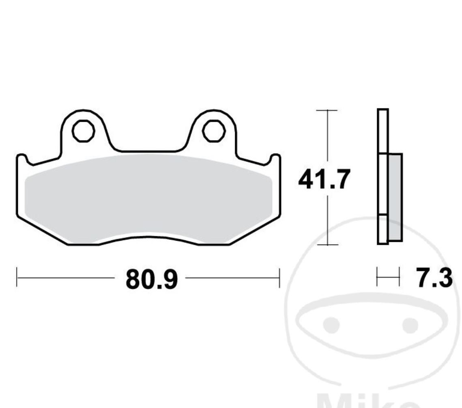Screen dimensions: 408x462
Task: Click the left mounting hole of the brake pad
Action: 83,131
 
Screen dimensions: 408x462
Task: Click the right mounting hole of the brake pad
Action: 214,131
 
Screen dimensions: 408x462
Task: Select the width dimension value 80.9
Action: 151,279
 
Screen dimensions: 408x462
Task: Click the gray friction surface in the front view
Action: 148,199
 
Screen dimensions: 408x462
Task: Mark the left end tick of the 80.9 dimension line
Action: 17,278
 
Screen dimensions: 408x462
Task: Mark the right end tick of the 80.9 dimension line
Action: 279,278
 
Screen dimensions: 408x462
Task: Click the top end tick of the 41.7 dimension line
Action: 327,110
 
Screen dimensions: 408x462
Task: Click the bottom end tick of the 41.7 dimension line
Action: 327,245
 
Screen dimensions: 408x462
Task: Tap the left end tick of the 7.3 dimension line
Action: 377,278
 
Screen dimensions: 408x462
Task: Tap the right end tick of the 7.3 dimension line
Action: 400,278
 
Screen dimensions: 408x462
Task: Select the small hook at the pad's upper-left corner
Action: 22,159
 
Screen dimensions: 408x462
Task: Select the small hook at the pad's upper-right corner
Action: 275,158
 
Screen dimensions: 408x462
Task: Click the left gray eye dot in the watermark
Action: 333,325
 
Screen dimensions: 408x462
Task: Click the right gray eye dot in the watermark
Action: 410,325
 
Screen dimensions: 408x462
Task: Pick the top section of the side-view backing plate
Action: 383,131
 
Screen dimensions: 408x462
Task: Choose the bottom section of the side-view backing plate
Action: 383,229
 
